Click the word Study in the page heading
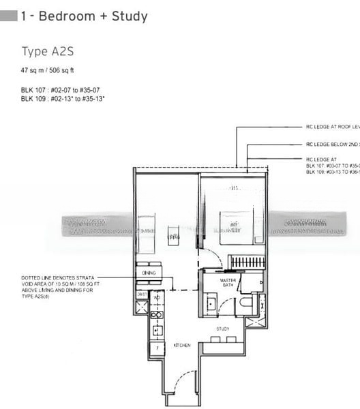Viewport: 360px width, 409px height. coord(125,16)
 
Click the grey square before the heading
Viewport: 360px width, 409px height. coord(10,16)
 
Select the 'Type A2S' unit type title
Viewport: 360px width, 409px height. coord(44,52)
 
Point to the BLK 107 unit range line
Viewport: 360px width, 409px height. coord(62,91)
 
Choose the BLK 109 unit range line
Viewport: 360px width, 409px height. coord(63,99)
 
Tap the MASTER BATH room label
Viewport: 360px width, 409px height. coord(227,284)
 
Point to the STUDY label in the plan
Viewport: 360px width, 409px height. coord(223,329)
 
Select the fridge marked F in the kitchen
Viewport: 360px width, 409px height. coord(156,348)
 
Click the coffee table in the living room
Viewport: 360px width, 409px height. coord(173,237)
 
